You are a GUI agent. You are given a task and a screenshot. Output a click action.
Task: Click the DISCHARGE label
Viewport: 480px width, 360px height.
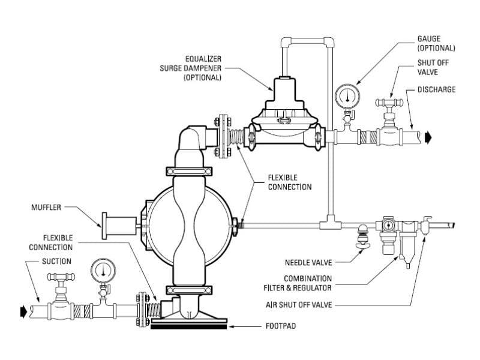(x=436, y=90)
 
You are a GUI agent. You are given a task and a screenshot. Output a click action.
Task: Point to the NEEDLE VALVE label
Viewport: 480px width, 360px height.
(x=310, y=262)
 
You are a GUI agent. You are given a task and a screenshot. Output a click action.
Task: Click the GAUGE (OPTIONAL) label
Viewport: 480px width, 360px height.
(x=436, y=43)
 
